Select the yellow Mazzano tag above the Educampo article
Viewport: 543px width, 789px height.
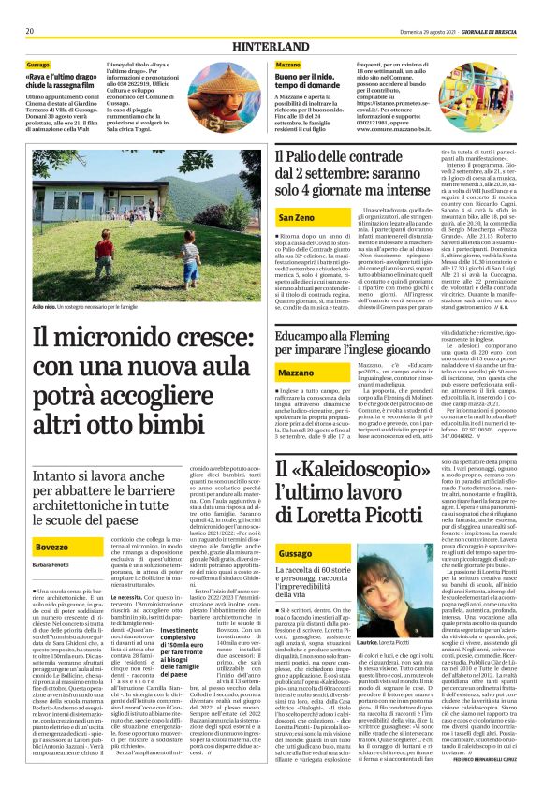point(297,373)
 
